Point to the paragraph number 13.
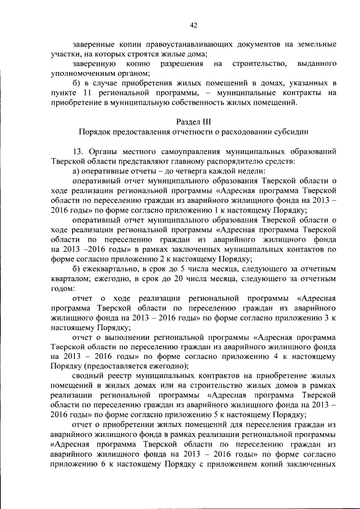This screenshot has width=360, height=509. (x=78, y=152)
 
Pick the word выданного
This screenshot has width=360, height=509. (x=317, y=64)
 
